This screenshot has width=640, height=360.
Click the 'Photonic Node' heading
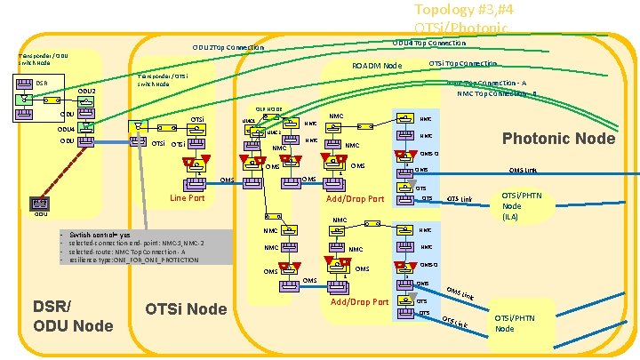pyautogui.click(x=558, y=138)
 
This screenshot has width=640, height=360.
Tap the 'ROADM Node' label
pyautogui.click(x=377, y=66)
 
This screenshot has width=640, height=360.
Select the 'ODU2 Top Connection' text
pyautogui.click(x=228, y=47)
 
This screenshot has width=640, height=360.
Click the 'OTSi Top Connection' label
pyautogui.click(x=462, y=63)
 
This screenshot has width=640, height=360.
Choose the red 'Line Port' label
pyautogui.click(x=187, y=198)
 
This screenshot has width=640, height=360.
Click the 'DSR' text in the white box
pyautogui.click(x=43, y=84)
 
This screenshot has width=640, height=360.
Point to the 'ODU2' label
pyautogui.click(x=86, y=92)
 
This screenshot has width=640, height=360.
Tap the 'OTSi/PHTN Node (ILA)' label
pyautogui.click(x=522, y=205)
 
